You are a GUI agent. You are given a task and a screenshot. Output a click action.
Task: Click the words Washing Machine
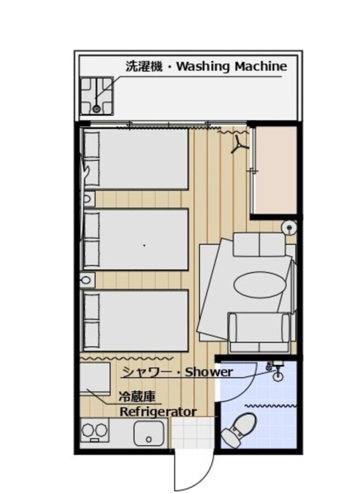click(232, 67)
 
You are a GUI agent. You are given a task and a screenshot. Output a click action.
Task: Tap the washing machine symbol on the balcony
click(96, 95)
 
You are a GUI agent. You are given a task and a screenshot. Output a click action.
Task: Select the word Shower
click(209, 372)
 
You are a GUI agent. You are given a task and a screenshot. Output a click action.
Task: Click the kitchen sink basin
click(149, 433)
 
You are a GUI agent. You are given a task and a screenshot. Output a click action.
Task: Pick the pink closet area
click(276, 170)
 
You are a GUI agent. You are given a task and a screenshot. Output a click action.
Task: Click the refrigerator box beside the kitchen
click(95, 379)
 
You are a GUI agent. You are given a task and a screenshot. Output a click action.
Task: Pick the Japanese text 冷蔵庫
click(137, 397)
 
